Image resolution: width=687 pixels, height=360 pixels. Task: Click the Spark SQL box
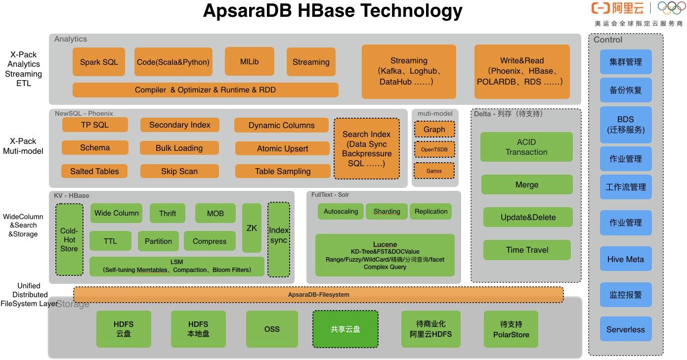[99, 62]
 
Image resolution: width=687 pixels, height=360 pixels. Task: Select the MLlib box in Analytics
[249, 62]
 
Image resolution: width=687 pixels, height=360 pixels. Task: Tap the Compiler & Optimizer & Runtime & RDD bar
[205, 90]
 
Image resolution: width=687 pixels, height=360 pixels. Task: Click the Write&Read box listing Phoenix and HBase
[521, 71]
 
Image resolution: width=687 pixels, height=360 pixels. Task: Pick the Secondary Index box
[179, 125]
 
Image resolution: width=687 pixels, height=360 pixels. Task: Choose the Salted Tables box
[94, 171]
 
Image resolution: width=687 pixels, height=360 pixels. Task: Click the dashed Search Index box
[366, 148]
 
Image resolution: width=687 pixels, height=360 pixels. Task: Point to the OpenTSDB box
[434, 149]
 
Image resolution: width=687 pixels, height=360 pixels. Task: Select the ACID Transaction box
[526, 147]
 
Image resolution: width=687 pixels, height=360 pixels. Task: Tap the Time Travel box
[527, 250]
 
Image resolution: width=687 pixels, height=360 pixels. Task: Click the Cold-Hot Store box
[69, 240]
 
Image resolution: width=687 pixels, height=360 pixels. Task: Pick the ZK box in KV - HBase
[252, 228]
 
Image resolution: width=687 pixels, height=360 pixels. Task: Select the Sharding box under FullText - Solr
[386, 212]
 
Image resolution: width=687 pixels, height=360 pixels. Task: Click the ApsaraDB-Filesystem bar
[318, 295]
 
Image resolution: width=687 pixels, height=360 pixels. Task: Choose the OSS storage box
[272, 329]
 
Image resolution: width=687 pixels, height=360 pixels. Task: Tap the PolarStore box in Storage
[511, 329]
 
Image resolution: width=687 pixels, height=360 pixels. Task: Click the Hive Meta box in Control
[625, 259]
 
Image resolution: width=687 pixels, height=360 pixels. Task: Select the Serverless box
[625, 329]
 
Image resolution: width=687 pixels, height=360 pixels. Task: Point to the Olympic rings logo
[671, 8]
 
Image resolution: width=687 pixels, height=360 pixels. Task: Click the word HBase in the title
[328, 11]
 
